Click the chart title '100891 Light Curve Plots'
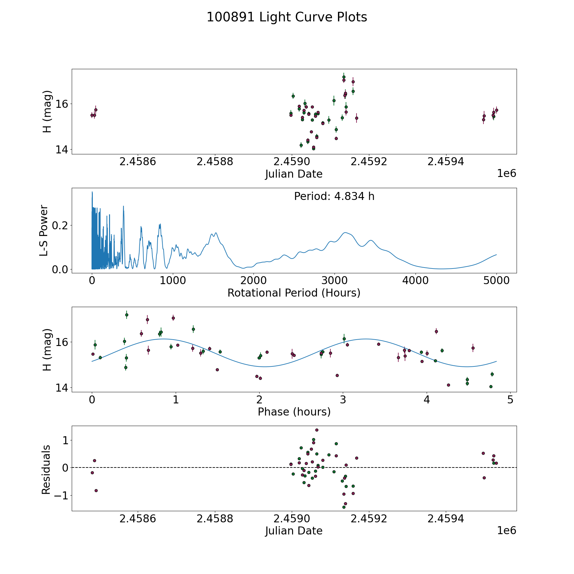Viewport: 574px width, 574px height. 287,17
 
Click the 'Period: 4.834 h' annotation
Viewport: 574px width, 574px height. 334,196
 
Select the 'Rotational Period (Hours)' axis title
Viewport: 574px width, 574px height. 294,293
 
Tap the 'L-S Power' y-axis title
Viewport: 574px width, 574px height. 44,230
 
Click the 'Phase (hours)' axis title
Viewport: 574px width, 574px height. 294,412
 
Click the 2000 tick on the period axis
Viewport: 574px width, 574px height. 254,280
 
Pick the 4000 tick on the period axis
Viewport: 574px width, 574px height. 415,280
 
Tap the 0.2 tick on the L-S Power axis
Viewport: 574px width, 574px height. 60,225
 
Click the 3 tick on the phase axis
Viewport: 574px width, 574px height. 343,399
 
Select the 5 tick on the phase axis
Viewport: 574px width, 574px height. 511,399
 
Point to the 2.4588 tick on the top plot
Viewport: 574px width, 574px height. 215,161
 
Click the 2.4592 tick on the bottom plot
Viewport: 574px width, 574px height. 369,519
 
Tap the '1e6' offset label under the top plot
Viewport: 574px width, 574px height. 506,173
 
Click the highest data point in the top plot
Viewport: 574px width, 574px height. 344,77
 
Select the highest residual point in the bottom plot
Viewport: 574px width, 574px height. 317,430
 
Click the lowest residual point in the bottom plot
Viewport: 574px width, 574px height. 344,507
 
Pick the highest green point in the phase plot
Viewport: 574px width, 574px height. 127,315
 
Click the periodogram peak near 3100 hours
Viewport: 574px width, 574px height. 345,232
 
